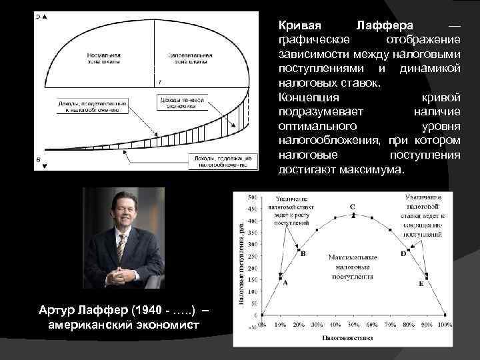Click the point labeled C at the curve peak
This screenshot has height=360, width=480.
[x=353, y=207]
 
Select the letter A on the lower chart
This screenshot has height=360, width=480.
[x=286, y=282]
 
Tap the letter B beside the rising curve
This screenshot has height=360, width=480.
[x=303, y=253]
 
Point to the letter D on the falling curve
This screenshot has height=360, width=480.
[x=403, y=254]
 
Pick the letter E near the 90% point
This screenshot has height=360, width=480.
[x=421, y=284]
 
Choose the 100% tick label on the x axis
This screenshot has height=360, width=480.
[x=445, y=324]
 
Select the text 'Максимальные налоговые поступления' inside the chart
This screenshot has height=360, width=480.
[x=353, y=266]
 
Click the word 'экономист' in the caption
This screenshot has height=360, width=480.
[x=169, y=324]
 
